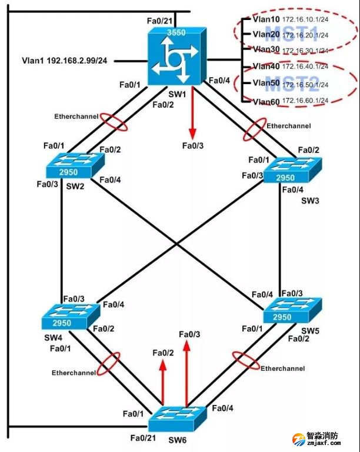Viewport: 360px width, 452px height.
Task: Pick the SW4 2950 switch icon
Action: point(67,318)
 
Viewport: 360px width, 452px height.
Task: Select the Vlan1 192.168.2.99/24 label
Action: point(64,60)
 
